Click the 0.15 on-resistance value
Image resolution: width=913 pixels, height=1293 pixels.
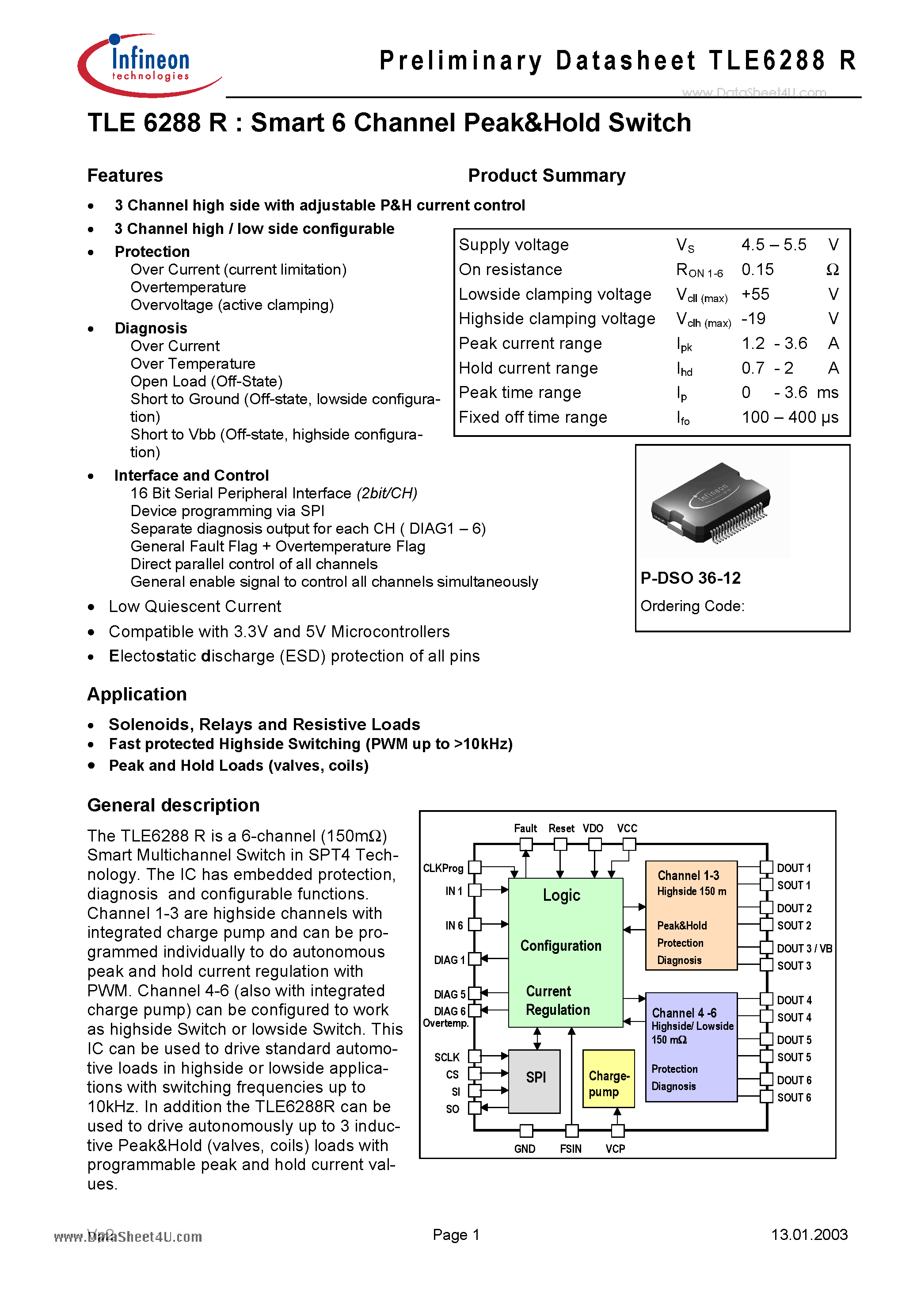click(x=757, y=270)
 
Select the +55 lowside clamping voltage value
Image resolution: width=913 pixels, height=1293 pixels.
click(x=755, y=294)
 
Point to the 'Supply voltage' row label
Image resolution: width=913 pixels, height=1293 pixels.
click(x=514, y=245)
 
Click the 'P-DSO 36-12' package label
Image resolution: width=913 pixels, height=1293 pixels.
click(x=690, y=578)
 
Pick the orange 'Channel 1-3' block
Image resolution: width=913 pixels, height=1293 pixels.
click(x=691, y=915)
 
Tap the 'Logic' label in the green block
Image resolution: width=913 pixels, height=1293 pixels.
click(x=561, y=895)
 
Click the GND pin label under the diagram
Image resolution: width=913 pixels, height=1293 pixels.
click(x=525, y=1149)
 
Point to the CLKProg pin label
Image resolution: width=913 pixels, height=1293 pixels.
click(x=443, y=868)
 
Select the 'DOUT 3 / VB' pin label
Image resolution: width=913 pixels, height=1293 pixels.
click(x=804, y=949)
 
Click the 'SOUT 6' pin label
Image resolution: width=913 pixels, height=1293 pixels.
click(x=794, y=1097)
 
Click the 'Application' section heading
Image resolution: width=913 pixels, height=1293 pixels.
click(x=137, y=694)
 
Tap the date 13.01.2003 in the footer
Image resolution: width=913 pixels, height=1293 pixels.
click(x=809, y=1235)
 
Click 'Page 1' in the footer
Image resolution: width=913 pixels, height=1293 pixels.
click(x=456, y=1235)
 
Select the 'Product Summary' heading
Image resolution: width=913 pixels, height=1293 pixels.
click(x=547, y=176)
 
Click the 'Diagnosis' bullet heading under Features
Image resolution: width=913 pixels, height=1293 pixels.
click(x=151, y=328)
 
